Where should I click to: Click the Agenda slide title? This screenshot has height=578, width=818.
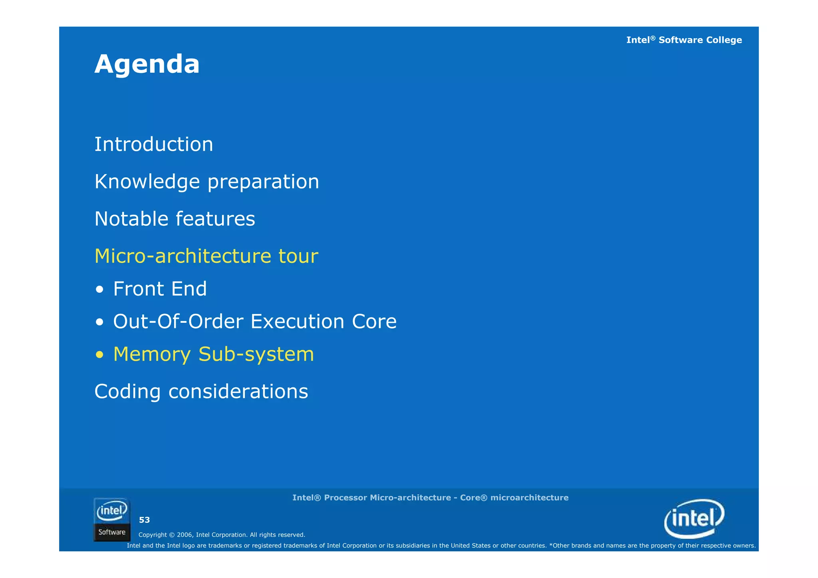pos(147,64)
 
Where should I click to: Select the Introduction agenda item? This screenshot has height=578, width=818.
pos(154,144)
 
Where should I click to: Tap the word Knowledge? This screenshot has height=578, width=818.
pos(147,182)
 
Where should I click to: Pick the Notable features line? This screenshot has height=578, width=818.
pos(175,219)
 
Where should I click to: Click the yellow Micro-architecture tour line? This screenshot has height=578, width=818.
pos(206,256)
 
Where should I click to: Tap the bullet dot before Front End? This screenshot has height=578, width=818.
pos(100,290)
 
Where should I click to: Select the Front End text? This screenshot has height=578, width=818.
pos(160,289)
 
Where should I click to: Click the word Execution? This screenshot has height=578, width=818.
pos(297,322)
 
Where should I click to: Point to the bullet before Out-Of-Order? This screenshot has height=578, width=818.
pos(100,322)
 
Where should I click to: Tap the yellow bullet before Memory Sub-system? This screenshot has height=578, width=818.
pos(100,355)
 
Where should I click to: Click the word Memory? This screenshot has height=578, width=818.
pos(152,354)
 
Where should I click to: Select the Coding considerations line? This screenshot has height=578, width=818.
pos(201,391)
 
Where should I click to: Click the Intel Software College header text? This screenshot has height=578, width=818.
pos(684,40)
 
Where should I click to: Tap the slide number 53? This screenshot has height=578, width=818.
pos(144,520)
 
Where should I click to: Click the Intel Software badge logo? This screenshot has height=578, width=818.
pos(112,520)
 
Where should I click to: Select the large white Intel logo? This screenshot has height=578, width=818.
pos(694,518)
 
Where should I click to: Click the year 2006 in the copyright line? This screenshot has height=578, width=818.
pos(185,535)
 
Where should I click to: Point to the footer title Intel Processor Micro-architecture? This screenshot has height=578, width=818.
pos(430,498)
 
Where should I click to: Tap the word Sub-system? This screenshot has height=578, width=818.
pos(256,354)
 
